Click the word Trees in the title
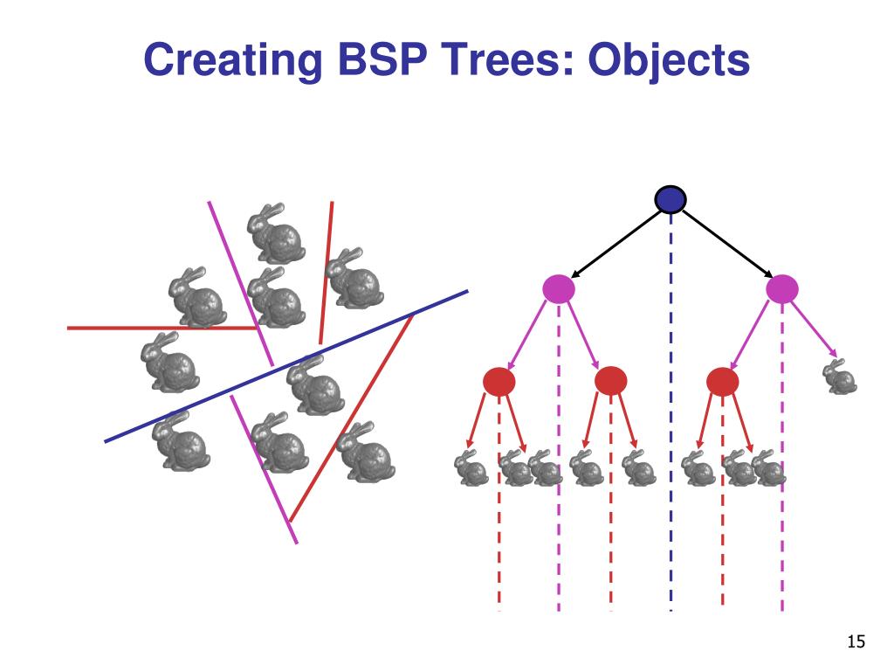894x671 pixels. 506,59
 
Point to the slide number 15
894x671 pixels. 856,641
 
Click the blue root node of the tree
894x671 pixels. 670,200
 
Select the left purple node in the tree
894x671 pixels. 559,288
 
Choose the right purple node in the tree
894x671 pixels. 782,288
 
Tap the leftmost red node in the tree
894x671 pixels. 499,381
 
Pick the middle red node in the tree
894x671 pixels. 610,381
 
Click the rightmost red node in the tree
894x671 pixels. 722,381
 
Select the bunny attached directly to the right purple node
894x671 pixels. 840,377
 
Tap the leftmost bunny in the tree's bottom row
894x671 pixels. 471,468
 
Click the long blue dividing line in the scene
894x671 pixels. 286,366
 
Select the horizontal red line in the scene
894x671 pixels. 162,329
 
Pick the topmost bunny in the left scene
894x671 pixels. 276,233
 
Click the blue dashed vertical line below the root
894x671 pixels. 670,412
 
